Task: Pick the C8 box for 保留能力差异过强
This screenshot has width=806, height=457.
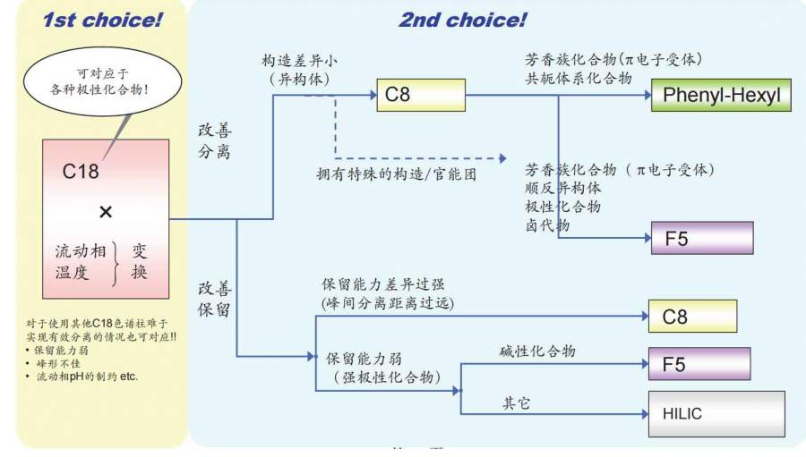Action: tap(692, 316)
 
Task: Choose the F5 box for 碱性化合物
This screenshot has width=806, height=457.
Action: tap(692, 363)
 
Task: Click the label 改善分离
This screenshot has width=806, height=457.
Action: tap(214, 140)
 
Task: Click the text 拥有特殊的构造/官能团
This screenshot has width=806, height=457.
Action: tap(396, 173)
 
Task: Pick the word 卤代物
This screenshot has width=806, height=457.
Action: tap(546, 225)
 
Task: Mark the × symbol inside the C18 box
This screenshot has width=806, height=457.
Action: tap(105, 212)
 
